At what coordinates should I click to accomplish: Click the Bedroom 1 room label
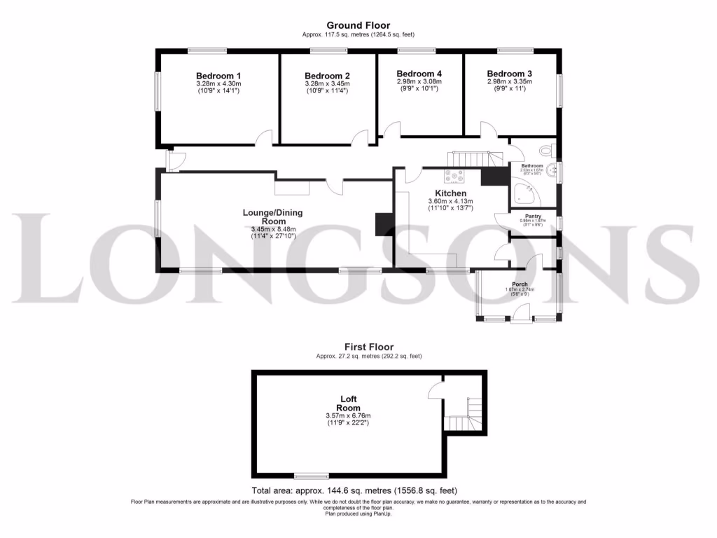[x=218, y=76]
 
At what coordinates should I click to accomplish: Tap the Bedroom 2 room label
[x=327, y=76]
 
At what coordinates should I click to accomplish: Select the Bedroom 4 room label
[x=419, y=74]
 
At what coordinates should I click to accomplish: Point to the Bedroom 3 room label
[x=509, y=74]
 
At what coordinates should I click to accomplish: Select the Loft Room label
[x=348, y=403]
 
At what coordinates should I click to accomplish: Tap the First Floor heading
[x=368, y=347]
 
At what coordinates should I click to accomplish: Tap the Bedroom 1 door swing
[x=264, y=137]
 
